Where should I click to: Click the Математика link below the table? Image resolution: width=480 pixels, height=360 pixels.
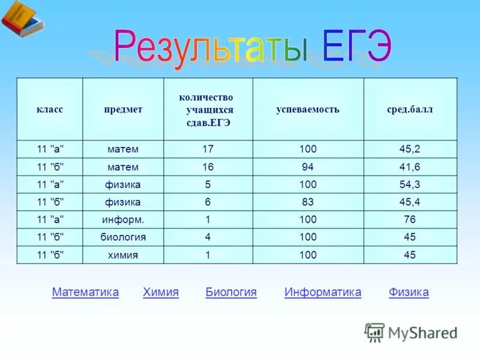(x=85, y=292)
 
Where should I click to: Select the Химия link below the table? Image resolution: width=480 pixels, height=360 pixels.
(x=161, y=292)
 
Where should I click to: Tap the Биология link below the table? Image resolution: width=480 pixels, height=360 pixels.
(x=231, y=292)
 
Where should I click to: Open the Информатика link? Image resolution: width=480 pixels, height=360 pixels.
(x=323, y=292)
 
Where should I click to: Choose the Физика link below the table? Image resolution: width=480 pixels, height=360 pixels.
(x=409, y=292)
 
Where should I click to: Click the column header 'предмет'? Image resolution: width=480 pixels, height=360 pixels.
(x=123, y=110)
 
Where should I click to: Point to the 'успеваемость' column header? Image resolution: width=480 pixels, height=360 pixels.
(x=308, y=110)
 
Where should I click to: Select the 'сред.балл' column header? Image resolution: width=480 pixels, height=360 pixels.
(x=410, y=110)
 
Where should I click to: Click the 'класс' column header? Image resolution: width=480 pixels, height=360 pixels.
(x=50, y=110)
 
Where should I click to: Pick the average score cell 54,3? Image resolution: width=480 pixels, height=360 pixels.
(x=410, y=184)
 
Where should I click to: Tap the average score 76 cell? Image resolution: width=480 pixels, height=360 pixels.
(x=410, y=220)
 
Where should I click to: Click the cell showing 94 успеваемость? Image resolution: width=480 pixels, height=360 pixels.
(x=308, y=167)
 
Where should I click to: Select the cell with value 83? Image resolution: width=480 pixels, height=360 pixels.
(x=308, y=202)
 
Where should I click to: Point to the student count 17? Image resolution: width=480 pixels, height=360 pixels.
(x=208, y=149)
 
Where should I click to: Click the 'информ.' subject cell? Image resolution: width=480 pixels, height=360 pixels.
(x=123, y=220)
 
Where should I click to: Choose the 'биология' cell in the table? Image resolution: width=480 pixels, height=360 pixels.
(x=123, y=237)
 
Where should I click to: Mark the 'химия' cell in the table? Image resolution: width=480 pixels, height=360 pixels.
(x=123, y=255)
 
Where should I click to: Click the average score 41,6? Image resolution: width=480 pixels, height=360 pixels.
(x=410, y=167)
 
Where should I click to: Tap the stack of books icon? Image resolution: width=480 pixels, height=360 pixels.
(x=22, y=20)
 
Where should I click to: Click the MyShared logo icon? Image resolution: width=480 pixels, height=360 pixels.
(x=374, y=332)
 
